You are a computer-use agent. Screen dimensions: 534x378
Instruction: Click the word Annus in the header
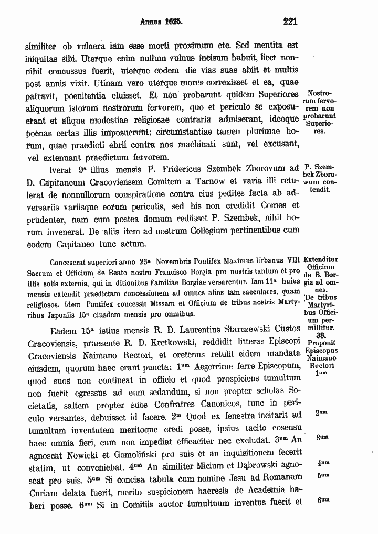tap(150, 23)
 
